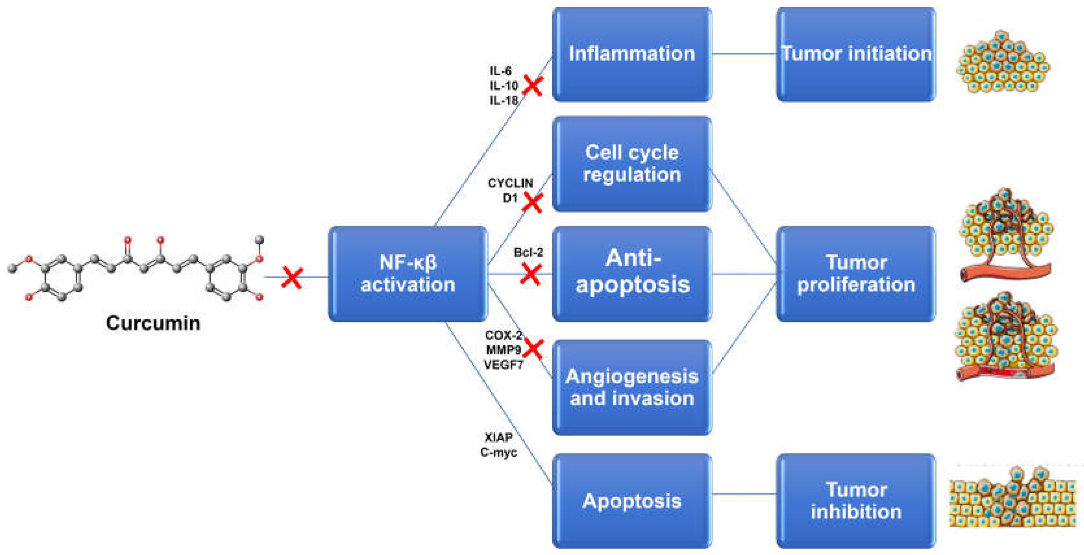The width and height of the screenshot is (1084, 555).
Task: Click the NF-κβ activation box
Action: click(x=408, y=274)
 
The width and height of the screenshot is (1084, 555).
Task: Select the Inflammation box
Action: click(x=632, y=54)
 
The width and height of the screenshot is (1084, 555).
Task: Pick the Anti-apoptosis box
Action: click(x=632, y=274)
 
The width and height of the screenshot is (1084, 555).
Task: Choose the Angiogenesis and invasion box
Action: click(x=632, y=388)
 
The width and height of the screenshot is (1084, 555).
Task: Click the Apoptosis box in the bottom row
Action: click(x=632, y=501)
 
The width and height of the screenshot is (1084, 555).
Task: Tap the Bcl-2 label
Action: click(x=528, y=253)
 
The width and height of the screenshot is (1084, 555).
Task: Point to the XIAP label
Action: click(x=499, y=438)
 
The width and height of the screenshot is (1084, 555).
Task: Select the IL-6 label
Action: click(x=500, y=71)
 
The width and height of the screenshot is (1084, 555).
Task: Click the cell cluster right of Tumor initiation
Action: click(x=1003, y=62)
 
